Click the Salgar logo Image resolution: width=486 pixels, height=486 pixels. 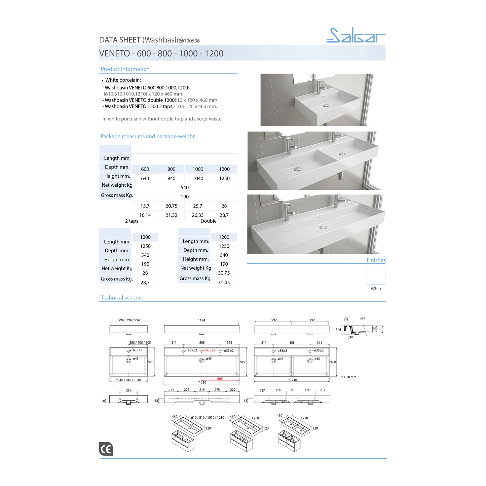(x=356, y=35)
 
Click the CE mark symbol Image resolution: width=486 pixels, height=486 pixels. (x=106, y=449)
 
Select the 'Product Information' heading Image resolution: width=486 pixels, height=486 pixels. (x=125, y=69)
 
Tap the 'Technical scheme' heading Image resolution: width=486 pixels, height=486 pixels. (x=122, y=298)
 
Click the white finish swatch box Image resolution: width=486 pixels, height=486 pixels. (x=376, y=275)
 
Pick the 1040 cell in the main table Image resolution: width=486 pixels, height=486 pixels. (x=198, y=179)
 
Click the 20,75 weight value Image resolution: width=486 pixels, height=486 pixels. (x=171, y=206)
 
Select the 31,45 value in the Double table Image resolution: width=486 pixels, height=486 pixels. (x=224, y=283)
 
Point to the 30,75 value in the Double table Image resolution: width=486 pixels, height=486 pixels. (x=224, y=273)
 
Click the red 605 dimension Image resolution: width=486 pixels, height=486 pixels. (x=220, y=379)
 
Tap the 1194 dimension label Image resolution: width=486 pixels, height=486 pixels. (x=201, y=320)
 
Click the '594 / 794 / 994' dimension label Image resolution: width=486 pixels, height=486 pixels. (x=129, y=320)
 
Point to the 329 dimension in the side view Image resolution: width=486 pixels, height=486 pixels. (x=362, y=318)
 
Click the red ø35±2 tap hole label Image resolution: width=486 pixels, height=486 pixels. (x=211, y=350)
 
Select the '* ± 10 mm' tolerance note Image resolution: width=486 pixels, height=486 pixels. (x=349, y=377)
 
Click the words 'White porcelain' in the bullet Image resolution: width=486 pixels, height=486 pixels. (x=122, y=80)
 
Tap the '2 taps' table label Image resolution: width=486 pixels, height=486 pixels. (x=132, y=221)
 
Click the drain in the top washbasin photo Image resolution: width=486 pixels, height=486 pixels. (x=326, y=106)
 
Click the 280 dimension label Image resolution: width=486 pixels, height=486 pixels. (x=129, y=390)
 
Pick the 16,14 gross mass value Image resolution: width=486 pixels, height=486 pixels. (x=145, y=215)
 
